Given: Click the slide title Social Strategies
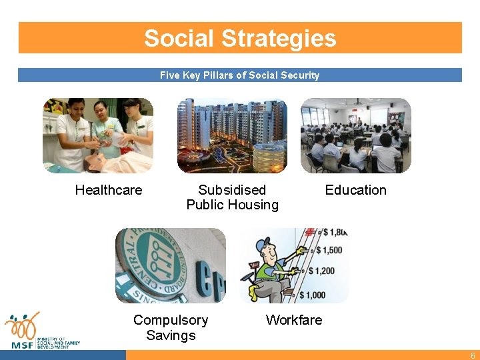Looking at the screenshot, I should click(x=240, y=38).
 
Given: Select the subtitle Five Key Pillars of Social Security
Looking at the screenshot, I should click(x=240, y=75).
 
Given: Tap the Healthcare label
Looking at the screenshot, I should click(x=109, y=190).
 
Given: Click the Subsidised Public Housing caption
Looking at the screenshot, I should click(x=232, y=197).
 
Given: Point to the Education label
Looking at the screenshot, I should click(x=355, y=190).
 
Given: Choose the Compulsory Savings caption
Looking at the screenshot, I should click(x=171, y=327).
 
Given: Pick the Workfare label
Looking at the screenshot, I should click(x=294, y=320).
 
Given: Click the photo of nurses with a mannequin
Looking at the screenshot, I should click(x=98, y=135).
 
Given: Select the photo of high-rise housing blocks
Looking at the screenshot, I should click(x=232, y=135).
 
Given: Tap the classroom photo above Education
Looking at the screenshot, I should click(x=355, y=135).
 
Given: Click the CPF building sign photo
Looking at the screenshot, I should click(x=171, y=265).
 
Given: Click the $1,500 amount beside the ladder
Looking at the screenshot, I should click(x=329, y=250).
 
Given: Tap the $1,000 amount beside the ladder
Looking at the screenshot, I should click(x=314, y=295).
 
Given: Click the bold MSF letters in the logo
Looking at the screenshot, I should click(x=23, y=344).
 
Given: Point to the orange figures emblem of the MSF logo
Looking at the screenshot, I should click(x=22, y=325).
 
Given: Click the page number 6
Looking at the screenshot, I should click(x=471, y=355).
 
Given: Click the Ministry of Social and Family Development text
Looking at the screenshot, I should click(x=58, y=343).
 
